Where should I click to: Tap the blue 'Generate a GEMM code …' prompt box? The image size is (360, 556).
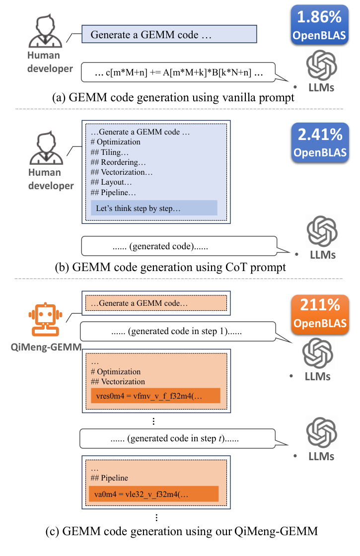[169, 35]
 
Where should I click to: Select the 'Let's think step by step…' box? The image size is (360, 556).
[154, 208]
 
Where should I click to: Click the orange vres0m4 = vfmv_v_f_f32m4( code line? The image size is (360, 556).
[155, 396]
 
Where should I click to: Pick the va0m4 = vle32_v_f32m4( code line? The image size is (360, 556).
[154, 493]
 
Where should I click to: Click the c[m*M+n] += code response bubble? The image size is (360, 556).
[178, 73]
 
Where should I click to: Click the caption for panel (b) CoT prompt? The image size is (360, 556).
[171, 267]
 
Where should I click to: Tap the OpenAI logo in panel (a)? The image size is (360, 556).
[320, 67]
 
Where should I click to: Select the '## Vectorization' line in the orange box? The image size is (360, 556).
[118, 382]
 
